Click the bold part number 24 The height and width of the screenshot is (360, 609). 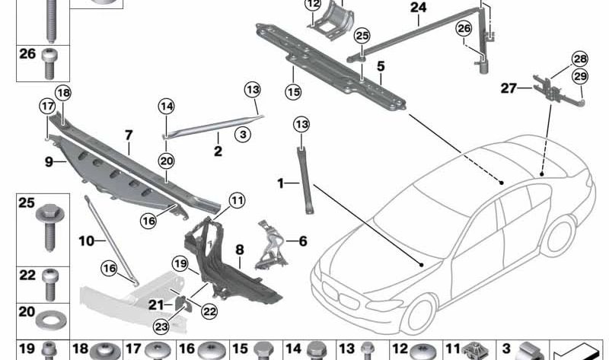(419, 8)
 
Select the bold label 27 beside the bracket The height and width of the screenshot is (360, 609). (509, 89)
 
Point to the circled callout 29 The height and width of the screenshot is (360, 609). (579, 76)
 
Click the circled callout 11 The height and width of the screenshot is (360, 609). (237, 201)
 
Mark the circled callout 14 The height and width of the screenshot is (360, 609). (167, 107)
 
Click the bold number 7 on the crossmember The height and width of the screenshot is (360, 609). (129, 135)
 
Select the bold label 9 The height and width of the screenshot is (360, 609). (49, 161)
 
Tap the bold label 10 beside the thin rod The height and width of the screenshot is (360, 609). (87, 241)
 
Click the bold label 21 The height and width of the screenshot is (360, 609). (156, 304)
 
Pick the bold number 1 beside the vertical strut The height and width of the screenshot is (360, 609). (281, 183)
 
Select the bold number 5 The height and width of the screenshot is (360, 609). (380, 65)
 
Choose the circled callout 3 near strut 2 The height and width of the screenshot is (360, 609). (242, 135)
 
